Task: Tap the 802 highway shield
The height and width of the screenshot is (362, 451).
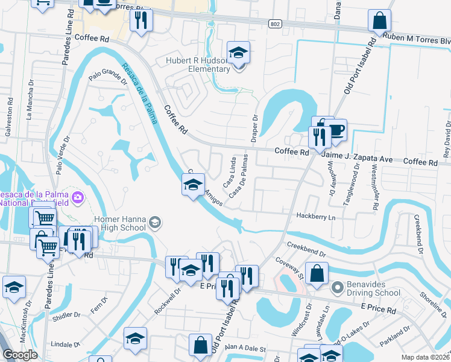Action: click(x=275, y=22)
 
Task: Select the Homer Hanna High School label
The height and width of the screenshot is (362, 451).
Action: click(x=120, y=223)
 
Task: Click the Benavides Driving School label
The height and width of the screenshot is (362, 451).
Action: click(x=372, y=293)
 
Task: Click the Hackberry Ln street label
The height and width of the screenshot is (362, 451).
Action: click(x=315, y=216)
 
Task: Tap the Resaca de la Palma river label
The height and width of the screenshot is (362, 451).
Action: click(x=139, y=94)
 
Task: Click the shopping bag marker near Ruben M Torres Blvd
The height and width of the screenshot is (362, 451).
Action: click(x=380, y=22)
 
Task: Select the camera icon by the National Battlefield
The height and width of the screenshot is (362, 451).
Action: click(x=78, y=197)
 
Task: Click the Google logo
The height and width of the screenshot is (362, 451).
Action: click(x=20, y=354)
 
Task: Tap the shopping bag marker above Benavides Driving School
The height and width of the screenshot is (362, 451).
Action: click(x=317, y=273)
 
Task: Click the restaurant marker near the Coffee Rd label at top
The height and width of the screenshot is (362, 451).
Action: click(x=141, y=21)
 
